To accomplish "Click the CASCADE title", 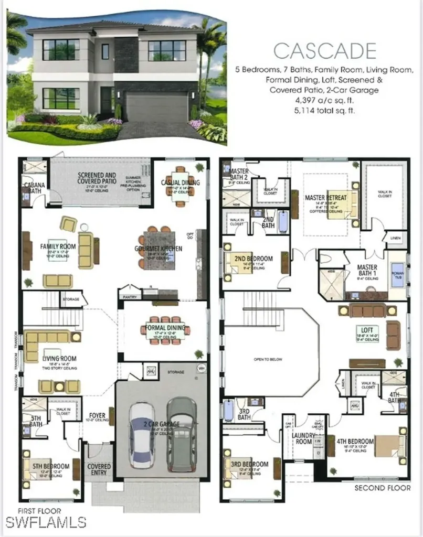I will [325, 51].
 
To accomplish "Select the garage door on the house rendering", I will [156, 106].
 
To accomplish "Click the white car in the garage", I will [141, 435].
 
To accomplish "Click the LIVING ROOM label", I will [59, 359].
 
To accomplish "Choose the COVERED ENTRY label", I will [99, 469].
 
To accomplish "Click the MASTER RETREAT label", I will [325, 198].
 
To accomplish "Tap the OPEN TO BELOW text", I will [268, 359].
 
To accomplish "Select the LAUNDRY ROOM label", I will [304, 438].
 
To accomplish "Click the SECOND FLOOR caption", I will [383, 488].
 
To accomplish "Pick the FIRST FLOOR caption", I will [39, 511].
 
